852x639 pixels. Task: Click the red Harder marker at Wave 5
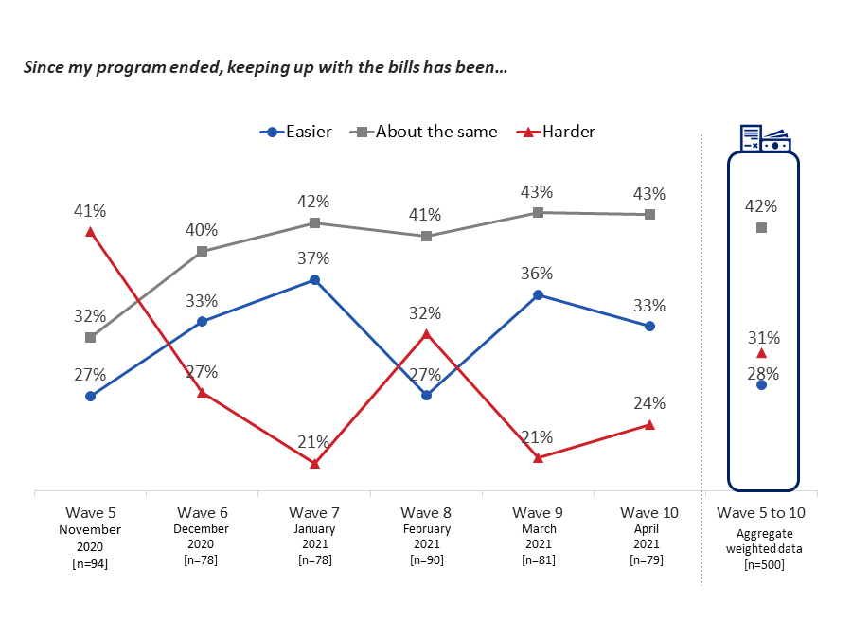[90, 231]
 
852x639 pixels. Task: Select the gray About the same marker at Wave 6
[203, 252]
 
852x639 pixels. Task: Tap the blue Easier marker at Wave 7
[314, 280]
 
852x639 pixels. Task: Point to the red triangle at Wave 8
[426, 334]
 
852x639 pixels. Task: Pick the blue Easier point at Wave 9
[538, 295]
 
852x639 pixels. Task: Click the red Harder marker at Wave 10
[649, 425]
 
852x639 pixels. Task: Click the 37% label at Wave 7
[314, 257]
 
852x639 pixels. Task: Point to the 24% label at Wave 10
[649, 402]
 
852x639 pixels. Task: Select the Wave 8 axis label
[426, 513]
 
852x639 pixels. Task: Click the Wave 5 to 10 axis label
[762, 513]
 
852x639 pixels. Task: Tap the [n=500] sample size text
[762, 565]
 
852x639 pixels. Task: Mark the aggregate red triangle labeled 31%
[762, 353]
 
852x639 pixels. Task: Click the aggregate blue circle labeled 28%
[762, 384]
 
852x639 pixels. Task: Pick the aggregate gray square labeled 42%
[762, 228]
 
